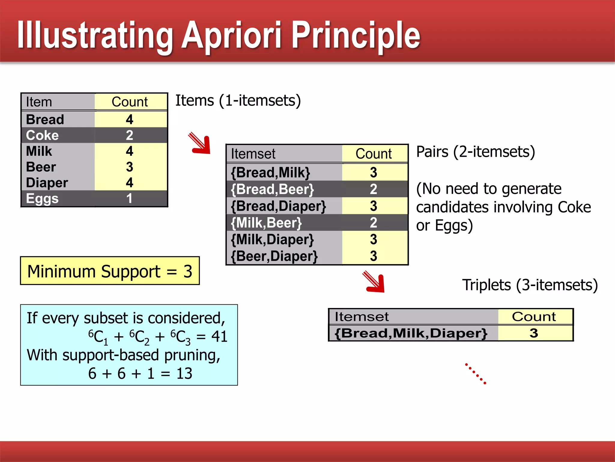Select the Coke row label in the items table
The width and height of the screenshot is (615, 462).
42,135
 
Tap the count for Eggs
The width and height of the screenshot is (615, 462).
129,199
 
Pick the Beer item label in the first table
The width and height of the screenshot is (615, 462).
41,167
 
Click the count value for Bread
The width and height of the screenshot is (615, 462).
129,119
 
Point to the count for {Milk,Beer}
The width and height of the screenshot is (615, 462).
373,223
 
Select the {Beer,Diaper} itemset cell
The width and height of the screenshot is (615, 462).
274,256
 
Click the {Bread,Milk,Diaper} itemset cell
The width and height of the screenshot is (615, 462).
411,333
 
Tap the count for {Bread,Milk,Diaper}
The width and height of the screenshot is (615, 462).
534,333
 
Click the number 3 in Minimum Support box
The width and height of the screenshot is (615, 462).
188,271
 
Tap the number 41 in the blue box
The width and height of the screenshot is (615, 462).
219,336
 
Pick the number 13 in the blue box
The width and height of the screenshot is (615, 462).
184,373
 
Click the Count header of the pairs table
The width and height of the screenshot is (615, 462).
374,154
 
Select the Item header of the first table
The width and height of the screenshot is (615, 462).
39,102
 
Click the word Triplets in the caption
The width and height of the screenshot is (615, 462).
486,285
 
